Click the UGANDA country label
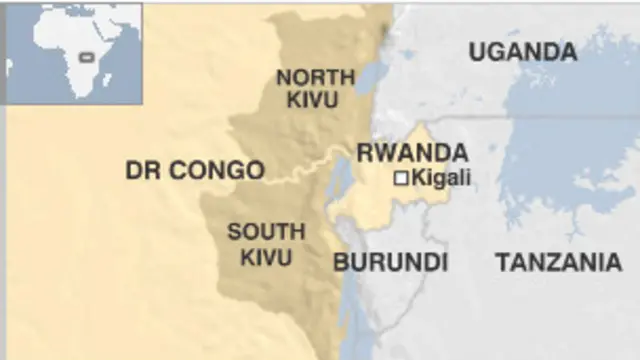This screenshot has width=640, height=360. [x=522, y=52]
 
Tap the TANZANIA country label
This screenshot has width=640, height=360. [x=558, y=262]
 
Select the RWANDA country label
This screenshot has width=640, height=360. [x=412, y=153]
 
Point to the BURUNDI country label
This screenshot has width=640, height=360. [x=390, y=262]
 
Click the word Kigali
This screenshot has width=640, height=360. [x=441, y=178]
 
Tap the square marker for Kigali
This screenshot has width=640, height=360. [x=401, y=178]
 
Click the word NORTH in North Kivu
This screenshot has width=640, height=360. [x=316, y=77]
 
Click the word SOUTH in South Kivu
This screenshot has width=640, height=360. [x=265, y=232]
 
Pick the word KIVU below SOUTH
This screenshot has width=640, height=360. [x=265, y=256]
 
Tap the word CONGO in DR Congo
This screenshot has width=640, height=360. [x=217, y=170]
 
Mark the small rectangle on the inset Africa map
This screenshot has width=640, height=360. [x=87, y=57]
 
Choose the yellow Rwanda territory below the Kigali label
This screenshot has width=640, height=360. [x=400, y=205]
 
